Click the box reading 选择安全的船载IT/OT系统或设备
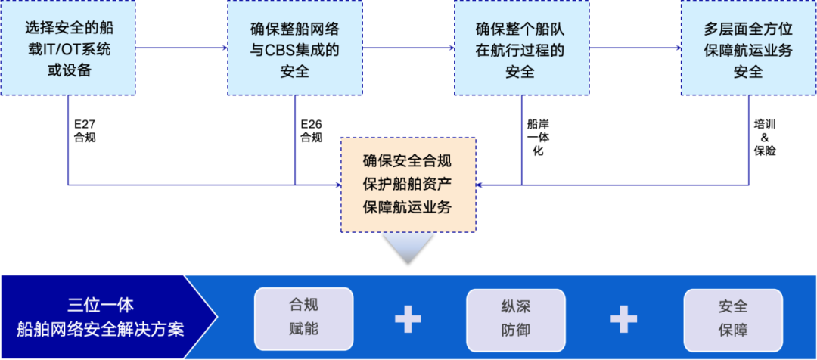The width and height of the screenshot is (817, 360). (x=68, y=48)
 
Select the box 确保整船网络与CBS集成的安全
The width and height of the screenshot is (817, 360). (x=294, y=48)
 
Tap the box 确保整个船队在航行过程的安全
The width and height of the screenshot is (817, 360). (x=521, y=48)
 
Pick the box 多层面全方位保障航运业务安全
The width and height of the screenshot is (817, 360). (x=748, y=48)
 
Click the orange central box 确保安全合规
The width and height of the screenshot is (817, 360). (x=408, y=161)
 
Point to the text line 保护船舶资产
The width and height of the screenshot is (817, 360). (x=408, y=184)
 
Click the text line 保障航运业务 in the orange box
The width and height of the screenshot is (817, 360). (x=408, y=207)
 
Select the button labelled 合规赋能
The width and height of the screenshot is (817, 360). (x=303, y=318)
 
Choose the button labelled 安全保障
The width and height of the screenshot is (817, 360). (x=732, y=318)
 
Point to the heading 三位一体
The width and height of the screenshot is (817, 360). (x=101, y=305)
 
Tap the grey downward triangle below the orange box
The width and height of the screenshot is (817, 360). (x=408, y=246)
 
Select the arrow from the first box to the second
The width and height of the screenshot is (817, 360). (x=182, y=48)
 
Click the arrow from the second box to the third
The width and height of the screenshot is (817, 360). (x=408, y=48)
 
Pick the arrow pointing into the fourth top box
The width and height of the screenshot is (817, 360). (x=635, y=48)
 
